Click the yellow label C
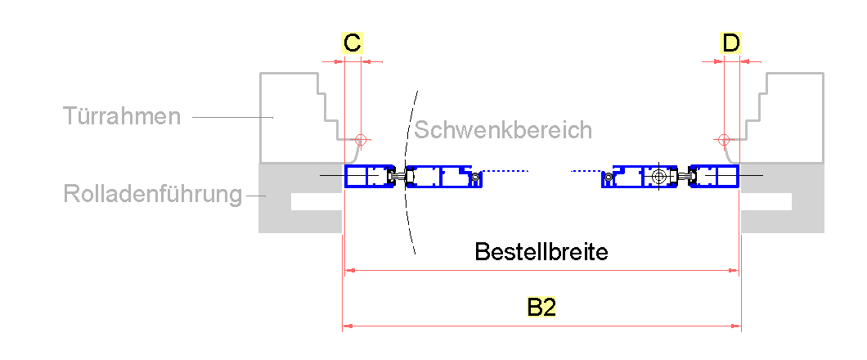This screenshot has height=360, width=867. (352, 43)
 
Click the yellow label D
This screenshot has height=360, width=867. (731, 43)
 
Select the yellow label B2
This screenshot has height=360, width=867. (541, 308)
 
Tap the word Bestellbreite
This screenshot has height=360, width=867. (541, 251)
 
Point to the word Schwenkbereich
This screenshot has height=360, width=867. (502, 129)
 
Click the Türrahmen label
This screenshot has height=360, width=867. (122, 116)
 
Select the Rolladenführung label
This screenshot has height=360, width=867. (153, 195)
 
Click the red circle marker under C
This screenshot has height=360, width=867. (361, 138)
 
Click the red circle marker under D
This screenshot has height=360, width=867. (723, 138)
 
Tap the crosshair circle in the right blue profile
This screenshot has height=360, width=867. (660, 176)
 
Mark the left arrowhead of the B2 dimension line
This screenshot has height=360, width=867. (346, 326)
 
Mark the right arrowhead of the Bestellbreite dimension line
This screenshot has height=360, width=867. (735, 268)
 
